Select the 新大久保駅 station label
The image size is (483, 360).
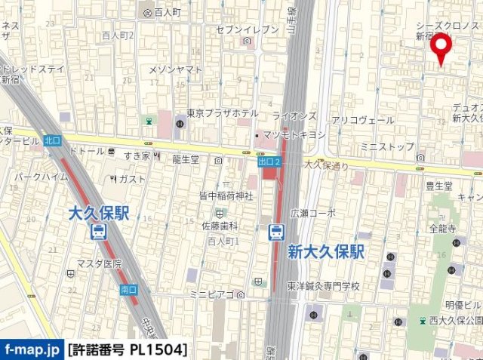pyautogui.click(x=325, y=252)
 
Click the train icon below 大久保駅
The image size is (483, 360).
pyautogui.click(x=100, y=232)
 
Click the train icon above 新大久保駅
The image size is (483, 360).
pyautogui.click(x=277, y=232)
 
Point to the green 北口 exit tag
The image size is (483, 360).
pyautogui.click(x=51, y=140)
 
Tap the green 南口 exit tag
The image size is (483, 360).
pyautogui.click(x=128, y=289)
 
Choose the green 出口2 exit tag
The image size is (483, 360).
pyautogui.click(x=269, y=162)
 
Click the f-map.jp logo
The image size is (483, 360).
pyautogui.click(x=32, y=349)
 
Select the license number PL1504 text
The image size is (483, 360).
pyautogui.click(x=127, y=349)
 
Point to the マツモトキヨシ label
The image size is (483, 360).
pyautogui.click(x=293, y=134)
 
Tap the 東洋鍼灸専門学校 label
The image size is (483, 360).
pyautogui.click(x=323, y=286)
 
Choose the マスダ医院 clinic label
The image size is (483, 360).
pyautogui.click(x=98, y=263)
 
